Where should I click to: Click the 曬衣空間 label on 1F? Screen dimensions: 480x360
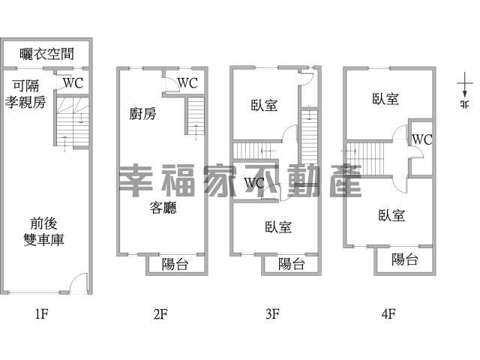[46, 54]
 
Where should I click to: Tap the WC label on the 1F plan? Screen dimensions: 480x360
[73, 83]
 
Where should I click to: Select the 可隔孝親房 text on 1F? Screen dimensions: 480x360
[25, 94]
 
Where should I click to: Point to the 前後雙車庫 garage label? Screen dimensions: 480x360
[43, 232]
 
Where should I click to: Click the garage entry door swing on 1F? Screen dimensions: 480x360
[78, 282]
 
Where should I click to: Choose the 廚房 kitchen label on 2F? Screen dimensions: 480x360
[142, 114]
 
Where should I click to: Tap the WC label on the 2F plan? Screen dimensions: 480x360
[187, 83]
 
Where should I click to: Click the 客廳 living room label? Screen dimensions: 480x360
[163, 208]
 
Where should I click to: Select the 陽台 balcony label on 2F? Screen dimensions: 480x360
[175, 264]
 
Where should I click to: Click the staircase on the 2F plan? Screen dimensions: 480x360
[195, 115]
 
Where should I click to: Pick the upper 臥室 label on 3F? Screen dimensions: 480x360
[264, 105]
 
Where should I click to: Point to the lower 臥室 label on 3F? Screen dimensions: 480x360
[278, 227]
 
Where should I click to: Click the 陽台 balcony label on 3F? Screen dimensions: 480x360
[292, 264]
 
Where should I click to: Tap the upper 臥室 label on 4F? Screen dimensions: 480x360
[385, 99]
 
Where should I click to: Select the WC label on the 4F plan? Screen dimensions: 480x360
[421, 139]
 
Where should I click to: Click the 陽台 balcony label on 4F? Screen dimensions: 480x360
[405, 259]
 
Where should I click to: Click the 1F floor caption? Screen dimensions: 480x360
[42, 313]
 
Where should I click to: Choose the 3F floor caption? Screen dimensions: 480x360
[272, 313]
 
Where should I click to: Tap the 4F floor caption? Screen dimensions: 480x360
[388, 313]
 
